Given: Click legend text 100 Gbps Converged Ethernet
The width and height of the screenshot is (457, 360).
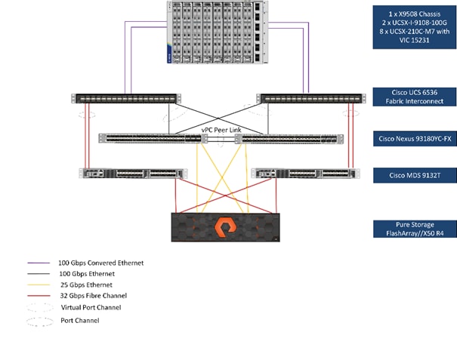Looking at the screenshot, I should [100, 263].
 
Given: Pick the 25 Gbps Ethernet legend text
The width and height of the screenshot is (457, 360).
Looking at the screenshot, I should [86, 285].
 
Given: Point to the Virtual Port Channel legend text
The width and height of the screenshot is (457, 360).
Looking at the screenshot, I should [92, 308].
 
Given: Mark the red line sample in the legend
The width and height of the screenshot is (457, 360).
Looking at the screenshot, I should [37, 296].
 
